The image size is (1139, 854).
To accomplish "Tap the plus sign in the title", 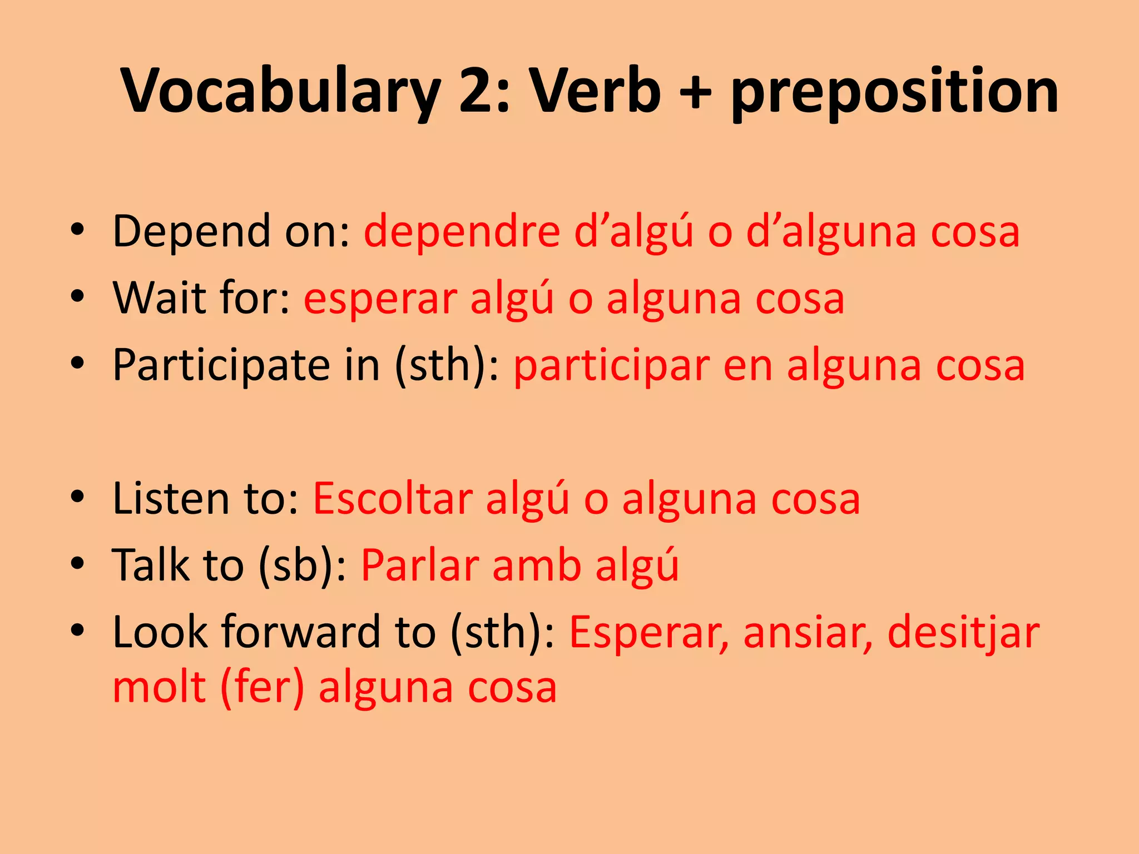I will pyautogui.click(x=695, y=92).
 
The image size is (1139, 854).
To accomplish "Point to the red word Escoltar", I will pyautogui.click(x=393, y=499).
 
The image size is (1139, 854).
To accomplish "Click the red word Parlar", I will pyautogui.click(x=420, y=566).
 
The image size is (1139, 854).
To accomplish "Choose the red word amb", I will pyautogui.click(x=537, y=566).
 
